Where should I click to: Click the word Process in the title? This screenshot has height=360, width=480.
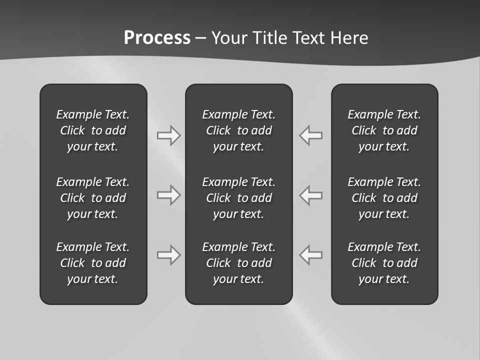tap(157, 38)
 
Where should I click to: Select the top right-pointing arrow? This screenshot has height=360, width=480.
tap(168, 135)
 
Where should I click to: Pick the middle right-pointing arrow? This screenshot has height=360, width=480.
tap(168, 195)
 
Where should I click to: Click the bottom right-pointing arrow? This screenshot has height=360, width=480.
tap(168, 255)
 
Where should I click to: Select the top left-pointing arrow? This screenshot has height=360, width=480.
tap(311, 135)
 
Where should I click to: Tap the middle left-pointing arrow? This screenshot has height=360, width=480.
tap(311, 195)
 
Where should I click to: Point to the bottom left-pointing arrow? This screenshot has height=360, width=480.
tap(311, 255)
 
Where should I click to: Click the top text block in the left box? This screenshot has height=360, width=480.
tap(93, 130)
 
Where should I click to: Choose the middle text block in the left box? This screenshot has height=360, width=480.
tap(93, 198)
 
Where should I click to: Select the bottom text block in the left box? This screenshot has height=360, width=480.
tap(93, 263)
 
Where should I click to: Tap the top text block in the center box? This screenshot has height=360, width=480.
tap(239, 130)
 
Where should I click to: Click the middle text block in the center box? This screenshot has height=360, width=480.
tap(239, 198)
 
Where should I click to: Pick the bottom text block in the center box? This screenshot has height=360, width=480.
tap(239, 263)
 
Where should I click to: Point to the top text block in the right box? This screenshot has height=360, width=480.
tap(384, 130)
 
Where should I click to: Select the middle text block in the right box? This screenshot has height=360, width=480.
tap(384, 198)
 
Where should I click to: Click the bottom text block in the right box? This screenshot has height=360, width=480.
tap(384, 263)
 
